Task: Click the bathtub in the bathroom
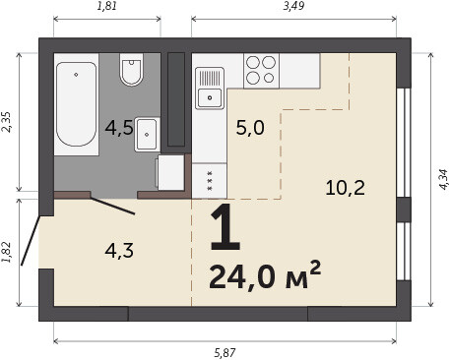point(77,104)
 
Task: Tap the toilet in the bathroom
point(131,70)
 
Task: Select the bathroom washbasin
point(147,134)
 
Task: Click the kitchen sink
point(210,89)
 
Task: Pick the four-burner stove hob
point(261,70)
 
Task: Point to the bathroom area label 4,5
point(119,128)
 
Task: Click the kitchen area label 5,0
point(250,128)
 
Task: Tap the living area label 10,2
point(346,188)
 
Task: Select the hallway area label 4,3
point(119,251)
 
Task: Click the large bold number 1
point(225,227)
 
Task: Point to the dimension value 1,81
point(107,6)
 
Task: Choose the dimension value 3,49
point(293,6)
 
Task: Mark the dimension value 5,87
point(225,353)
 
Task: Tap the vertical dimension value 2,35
point(6,122)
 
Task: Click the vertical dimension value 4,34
point(443,179)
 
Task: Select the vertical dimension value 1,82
point(6,252)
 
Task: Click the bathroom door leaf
point(112,206)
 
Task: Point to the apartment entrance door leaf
point(31,240)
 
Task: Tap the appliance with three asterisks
point(210,181)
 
